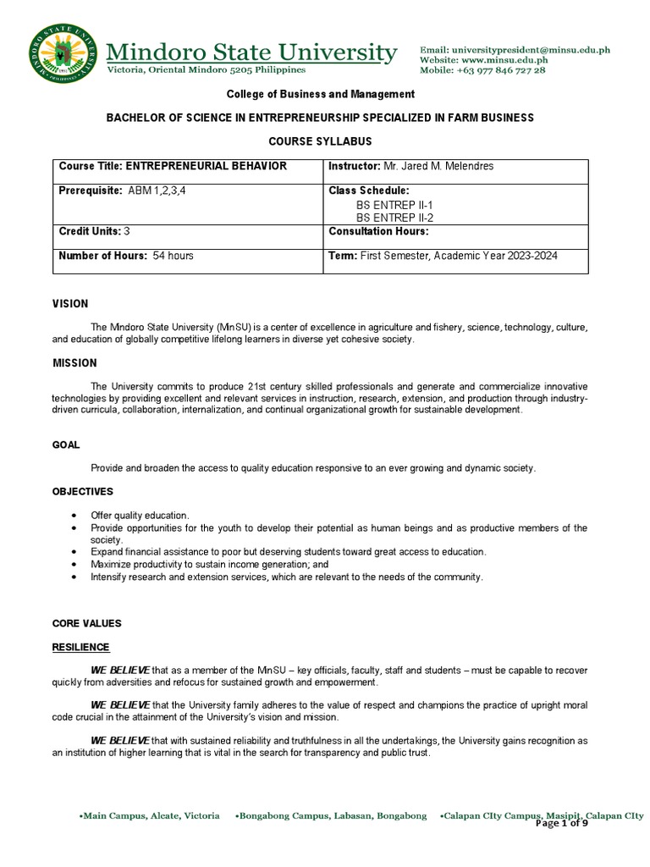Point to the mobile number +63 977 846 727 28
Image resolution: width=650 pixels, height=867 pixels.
(503, 70)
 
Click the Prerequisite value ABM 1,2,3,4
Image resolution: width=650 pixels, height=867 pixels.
(157, 191)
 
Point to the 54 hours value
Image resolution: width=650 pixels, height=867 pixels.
(173, 256)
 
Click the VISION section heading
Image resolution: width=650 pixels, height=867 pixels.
(70, 304)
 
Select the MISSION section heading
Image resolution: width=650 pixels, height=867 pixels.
(74, 363)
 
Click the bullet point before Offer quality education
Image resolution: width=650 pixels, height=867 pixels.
(75, 516)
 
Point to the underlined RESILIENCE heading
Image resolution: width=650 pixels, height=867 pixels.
(80, 647)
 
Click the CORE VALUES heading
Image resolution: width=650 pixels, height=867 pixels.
(86, 623)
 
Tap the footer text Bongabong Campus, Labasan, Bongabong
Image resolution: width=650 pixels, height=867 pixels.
(331, 816)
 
